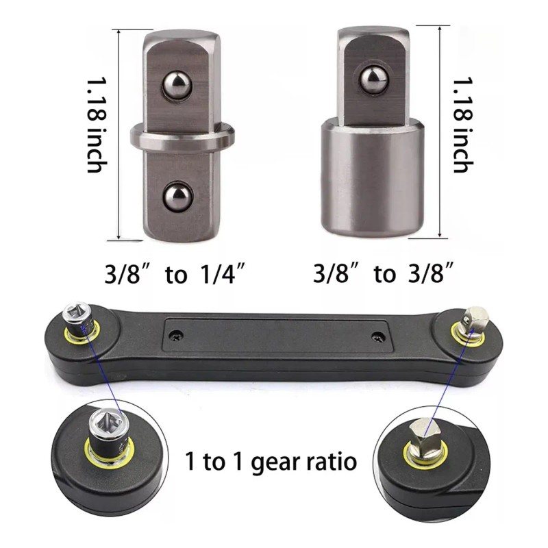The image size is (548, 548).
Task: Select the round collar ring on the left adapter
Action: (x=182, y=136)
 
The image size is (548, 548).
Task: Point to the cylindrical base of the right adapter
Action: (x=373, y=177)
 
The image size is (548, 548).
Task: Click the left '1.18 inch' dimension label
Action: (x=97, y=125)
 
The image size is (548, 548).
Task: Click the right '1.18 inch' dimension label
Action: (x=464, y=125)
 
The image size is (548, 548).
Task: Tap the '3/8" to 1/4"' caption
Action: (x=175, y=274)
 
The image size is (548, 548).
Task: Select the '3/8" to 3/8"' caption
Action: (x=383, y=273)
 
